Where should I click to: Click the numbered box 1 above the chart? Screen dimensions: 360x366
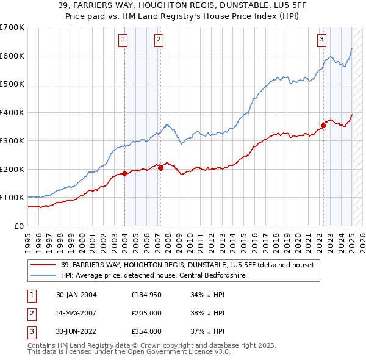click(x=123, y=40)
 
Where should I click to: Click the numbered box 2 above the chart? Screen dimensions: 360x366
click(x=159, y=40)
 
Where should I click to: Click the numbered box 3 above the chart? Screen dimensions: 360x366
click(x=321, y=40)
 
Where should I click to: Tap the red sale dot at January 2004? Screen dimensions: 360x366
click(x=124, y=173)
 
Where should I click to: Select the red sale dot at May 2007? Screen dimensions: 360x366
click(x=160, y=168)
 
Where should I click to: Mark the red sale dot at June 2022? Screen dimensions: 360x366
click(x=323, y=126)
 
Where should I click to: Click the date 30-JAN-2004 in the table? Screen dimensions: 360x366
click(x=76, y=295)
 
